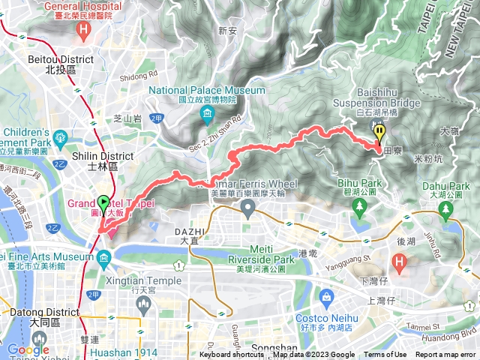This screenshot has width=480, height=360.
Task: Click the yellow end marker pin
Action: click(x=379, y=133)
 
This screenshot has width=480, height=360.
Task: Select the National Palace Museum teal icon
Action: click(x=207, y=115)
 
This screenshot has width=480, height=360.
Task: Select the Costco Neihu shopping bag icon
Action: click(x=326, y=298)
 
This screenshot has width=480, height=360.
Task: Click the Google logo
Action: click(x=28, y=349)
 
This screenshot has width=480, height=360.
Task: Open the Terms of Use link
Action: click(x=385, y=355)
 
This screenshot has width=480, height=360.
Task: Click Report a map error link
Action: click(x=445, y=355)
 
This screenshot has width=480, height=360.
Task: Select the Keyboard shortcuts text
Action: click(x=232, y=355)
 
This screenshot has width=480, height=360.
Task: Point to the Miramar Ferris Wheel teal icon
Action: click(x=247, y=211)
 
